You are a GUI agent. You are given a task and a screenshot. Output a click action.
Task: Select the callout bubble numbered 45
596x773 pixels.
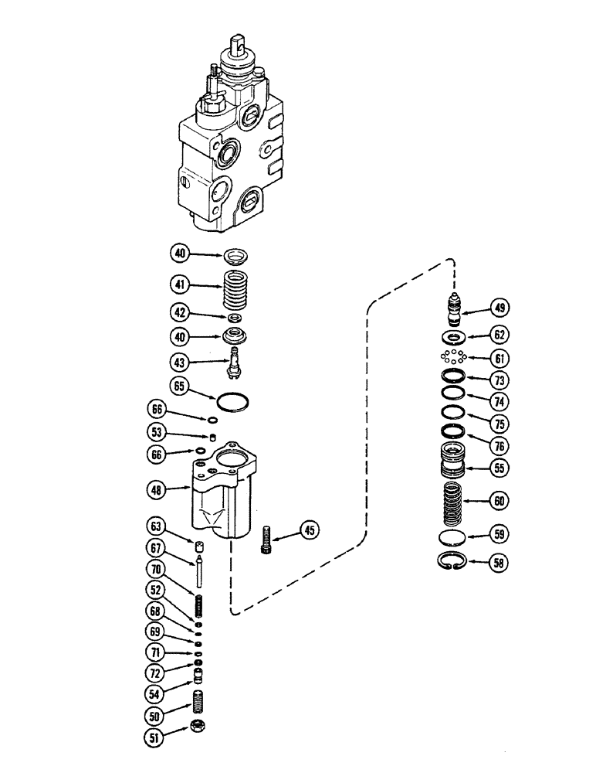click(x=308, y=530)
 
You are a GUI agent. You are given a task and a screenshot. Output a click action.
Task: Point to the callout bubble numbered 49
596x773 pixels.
click(x=500, y=308)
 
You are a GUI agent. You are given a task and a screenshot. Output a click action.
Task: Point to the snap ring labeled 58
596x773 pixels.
click(x=452, y=563)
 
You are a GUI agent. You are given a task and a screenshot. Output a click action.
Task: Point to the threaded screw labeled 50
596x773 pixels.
click(x=197, y=703)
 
